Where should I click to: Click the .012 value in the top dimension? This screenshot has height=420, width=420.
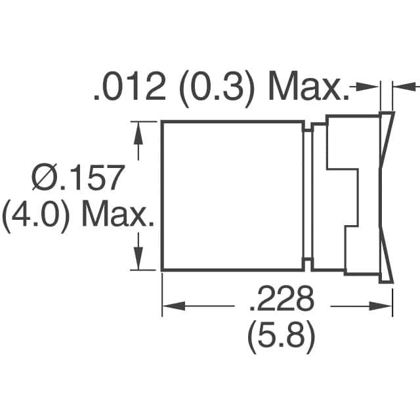tap(129, 87)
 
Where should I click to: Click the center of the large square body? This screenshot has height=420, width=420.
tap(232, 196)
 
